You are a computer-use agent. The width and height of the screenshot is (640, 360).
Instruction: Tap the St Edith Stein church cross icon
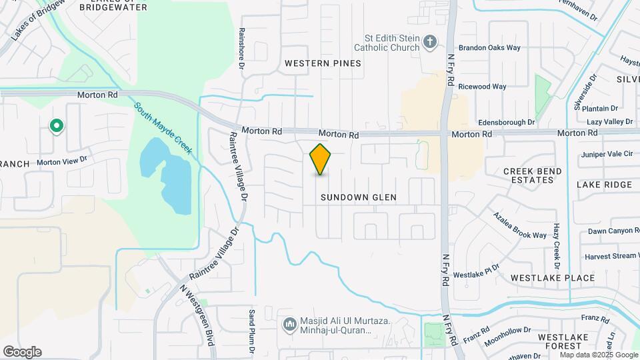click(431, 43)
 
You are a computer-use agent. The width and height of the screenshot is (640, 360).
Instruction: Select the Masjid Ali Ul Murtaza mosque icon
click(289, 325)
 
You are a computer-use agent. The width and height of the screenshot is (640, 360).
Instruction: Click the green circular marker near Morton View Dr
click(57, 125)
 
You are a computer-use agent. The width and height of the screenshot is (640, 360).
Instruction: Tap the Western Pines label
click(323, 63)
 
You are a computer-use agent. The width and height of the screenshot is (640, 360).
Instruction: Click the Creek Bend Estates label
click(533, 177)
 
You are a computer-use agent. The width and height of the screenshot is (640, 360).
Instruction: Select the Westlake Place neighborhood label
click(552, 277)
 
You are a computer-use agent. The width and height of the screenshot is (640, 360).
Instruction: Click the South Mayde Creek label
click(163, 128)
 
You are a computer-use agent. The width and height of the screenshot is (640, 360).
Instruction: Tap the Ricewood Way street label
click(483, 87)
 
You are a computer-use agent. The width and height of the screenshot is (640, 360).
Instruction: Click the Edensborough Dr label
click(507, 123)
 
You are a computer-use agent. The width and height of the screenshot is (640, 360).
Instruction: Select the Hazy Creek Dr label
click(556, 241)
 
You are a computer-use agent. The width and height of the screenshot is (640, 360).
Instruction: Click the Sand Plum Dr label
click(252, 327)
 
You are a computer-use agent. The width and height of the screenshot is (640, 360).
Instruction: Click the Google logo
click(22, 352)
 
